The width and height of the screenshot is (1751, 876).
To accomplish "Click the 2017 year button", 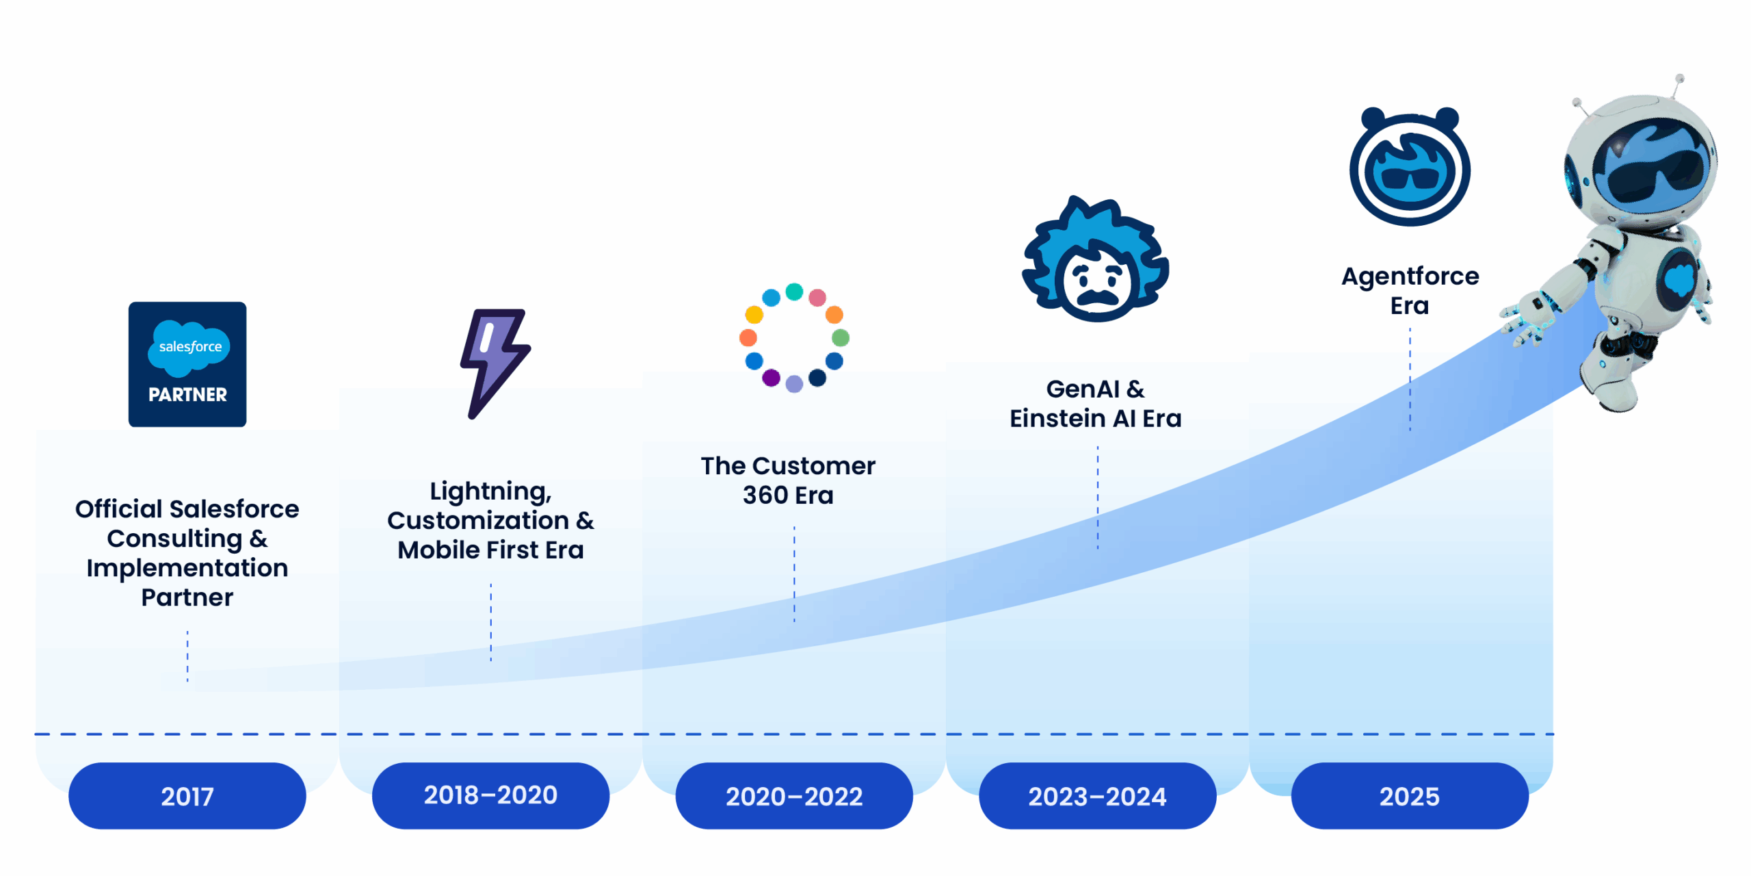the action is pyautogui.click(x=187, y=795).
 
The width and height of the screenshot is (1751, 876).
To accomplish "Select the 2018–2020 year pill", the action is pyautogui.click(x=490, y=795).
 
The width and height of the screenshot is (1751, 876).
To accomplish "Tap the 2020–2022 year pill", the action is pyautogui.click(x=794, y=795).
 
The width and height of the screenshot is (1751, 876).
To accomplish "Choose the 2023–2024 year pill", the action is pyautogui.click(x=1097, y=795).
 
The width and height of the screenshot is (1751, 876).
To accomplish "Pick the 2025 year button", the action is pyautogui.click(x=1410, y=795).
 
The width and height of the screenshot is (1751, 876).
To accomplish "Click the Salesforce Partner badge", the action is pyautogui.click(x=187, y=364).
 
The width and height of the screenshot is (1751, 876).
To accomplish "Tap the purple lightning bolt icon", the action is pyautogui.click(x=495, y=363).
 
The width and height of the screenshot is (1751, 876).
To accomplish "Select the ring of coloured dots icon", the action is pyautogui.click(x=794, y=337).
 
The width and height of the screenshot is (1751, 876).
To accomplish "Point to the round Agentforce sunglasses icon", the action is pyautogui.click(x=1410, y=166).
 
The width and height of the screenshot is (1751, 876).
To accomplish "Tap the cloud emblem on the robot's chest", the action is pyautogui.click(x=1679, y=279).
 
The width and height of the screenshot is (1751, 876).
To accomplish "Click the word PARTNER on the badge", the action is pyautogui.click(x=187, y=395).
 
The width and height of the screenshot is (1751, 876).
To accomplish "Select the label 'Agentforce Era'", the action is pyautogui.click(x=1410, y=290).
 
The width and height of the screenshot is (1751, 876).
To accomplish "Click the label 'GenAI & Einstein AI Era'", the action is pyautogui.click(x=1096, y=403).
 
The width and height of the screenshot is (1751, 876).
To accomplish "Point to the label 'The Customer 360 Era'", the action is pyautogui.click(x=788, y=480).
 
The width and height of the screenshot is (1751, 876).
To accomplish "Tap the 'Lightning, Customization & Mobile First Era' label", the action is pyautogui.click(x=490, y=520).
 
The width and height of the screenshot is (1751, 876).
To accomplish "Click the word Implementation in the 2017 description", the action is pyautogui.click(x=187, y=568).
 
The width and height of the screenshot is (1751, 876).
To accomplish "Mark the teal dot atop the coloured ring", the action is pyautogui.click(x=794, y=292).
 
